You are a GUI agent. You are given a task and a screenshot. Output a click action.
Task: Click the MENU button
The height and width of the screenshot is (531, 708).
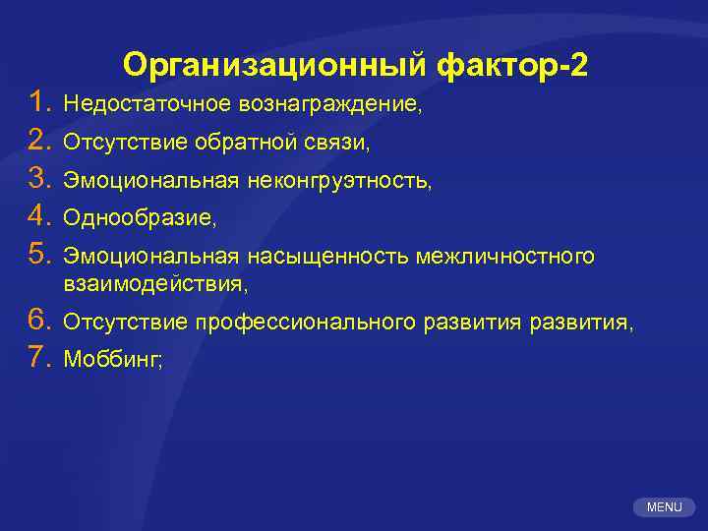[664, 506]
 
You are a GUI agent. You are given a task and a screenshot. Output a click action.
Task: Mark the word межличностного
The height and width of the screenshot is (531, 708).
[505, 258]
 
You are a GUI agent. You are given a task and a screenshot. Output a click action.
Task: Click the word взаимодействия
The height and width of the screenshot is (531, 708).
[155, 284]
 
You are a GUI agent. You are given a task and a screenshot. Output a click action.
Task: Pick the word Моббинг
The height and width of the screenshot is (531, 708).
[112, 360]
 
